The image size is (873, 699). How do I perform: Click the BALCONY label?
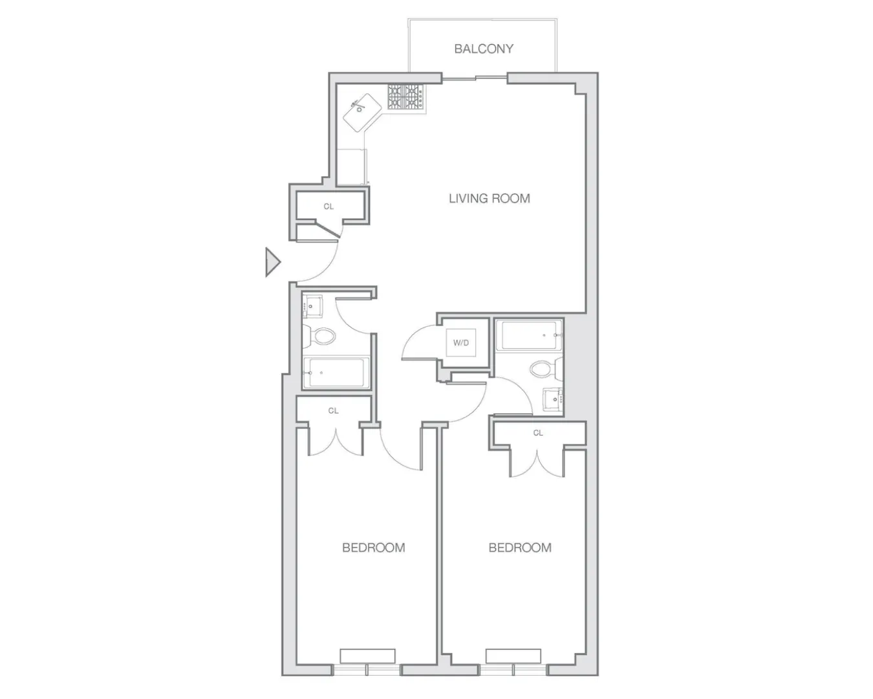483,49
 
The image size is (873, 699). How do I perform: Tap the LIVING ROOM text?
489,198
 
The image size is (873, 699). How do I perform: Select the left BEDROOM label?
373,548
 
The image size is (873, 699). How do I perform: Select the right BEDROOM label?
520,548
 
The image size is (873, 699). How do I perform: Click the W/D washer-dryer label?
460,343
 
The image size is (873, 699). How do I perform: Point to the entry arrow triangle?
272,262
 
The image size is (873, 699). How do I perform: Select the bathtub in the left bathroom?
336,373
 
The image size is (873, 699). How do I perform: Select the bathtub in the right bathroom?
528,335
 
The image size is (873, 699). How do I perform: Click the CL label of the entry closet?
329,206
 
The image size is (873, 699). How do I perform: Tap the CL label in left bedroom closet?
333,410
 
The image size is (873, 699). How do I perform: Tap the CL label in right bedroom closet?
538,433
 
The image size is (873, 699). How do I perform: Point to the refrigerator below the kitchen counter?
352,167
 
